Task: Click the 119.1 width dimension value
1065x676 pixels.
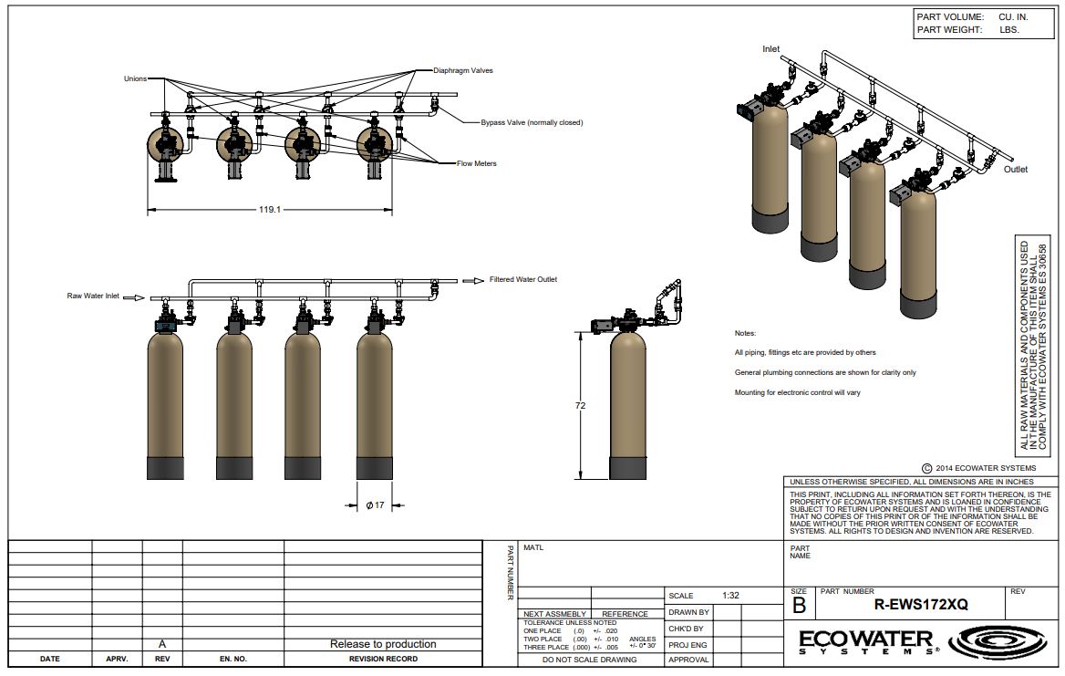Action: (x=270, y=209)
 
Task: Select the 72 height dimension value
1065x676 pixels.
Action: (x=580, y=406)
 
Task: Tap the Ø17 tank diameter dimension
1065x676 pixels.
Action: (x=375, y=504)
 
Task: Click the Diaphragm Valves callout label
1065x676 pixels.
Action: (x=463, y=70)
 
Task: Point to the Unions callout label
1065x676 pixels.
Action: (x=135, y=78)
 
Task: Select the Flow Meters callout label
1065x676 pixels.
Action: (x=477, y=163)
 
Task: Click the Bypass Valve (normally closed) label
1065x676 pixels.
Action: (x=532, y=123)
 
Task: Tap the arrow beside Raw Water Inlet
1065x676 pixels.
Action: (x=134, y=297)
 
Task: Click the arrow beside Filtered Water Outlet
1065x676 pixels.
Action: (x=473, y=281)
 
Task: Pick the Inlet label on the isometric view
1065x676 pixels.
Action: (x=770, y=49)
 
